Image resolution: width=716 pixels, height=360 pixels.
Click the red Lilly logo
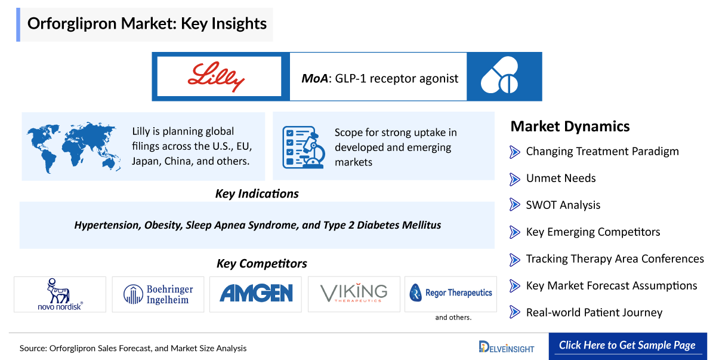click(x=217, y=77)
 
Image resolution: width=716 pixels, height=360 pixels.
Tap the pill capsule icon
click(x=499, y=75)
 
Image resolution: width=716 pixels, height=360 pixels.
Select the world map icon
click(x=73, y=147)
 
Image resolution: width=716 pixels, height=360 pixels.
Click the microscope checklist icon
click(x=304, y=147)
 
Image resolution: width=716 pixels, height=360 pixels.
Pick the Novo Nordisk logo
click(x=60, y=294)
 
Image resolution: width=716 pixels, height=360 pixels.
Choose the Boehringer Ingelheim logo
click(x=158, y=294)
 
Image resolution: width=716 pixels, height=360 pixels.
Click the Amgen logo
click(x=256, y=293)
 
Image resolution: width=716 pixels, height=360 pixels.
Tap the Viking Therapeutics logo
click(x=354, y=293)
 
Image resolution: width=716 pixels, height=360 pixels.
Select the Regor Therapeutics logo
click(x=450, y=293)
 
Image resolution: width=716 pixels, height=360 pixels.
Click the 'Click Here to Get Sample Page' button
click(x=628, y=346)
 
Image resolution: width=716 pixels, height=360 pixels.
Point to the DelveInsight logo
click(x=507, y=347)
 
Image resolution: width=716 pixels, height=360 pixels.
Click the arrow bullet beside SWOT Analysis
click(x=514, y=205)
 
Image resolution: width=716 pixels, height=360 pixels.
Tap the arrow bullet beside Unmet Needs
click(x=514, y=179)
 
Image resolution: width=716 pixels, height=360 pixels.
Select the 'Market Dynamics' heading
click(x=570, y=127)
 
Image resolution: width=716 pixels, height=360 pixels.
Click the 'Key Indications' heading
click(x=257, y=194)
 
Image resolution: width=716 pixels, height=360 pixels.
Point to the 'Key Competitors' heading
click(x=262, y=263)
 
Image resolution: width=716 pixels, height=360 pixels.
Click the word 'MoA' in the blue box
click(x=314, y=78)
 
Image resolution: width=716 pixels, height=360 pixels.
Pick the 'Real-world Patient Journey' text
click(x=594, y=312)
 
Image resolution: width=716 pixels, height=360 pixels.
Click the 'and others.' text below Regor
click(x=453, y=318)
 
